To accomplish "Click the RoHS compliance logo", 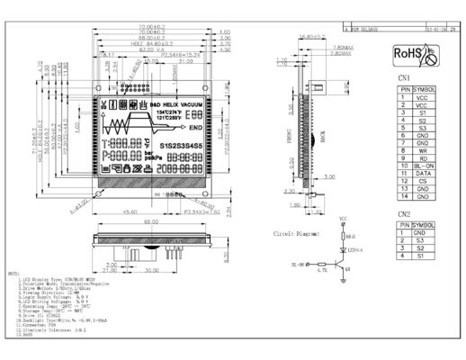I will [x=415, y=56].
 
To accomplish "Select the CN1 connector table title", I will [x=405, y=79].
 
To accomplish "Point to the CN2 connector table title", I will [x=405, y=214].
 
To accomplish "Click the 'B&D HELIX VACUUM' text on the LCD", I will [x=168, y=104].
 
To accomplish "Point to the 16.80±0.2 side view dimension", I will [x=310, y=38].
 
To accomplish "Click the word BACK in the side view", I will [x=320, y=138].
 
